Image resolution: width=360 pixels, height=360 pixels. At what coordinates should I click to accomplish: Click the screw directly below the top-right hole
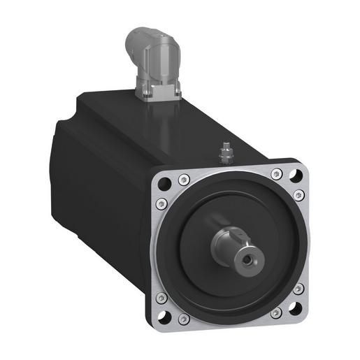299,196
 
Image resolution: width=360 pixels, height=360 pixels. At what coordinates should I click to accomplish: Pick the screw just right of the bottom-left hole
184,319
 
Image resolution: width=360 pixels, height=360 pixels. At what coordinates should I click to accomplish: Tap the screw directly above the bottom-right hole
299,288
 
